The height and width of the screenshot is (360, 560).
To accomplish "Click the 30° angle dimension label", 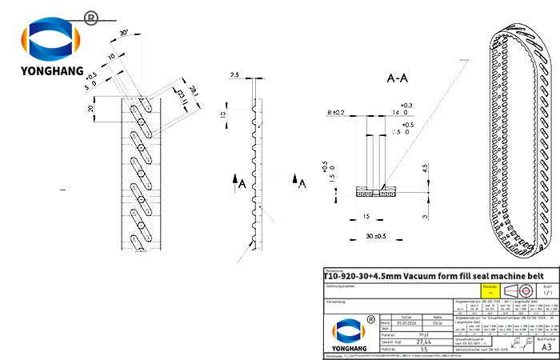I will click(x=126, y=33).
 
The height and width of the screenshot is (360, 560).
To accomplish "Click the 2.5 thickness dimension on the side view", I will click(x=234, y=74).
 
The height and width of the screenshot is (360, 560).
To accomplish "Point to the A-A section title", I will click(x=398, y=78).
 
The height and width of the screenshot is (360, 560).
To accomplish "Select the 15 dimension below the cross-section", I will click(x=364, y=216).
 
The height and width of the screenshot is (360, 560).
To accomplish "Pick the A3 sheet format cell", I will click(x=546, y=347).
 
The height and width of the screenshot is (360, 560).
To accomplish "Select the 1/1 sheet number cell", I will click(x=546, y=294).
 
